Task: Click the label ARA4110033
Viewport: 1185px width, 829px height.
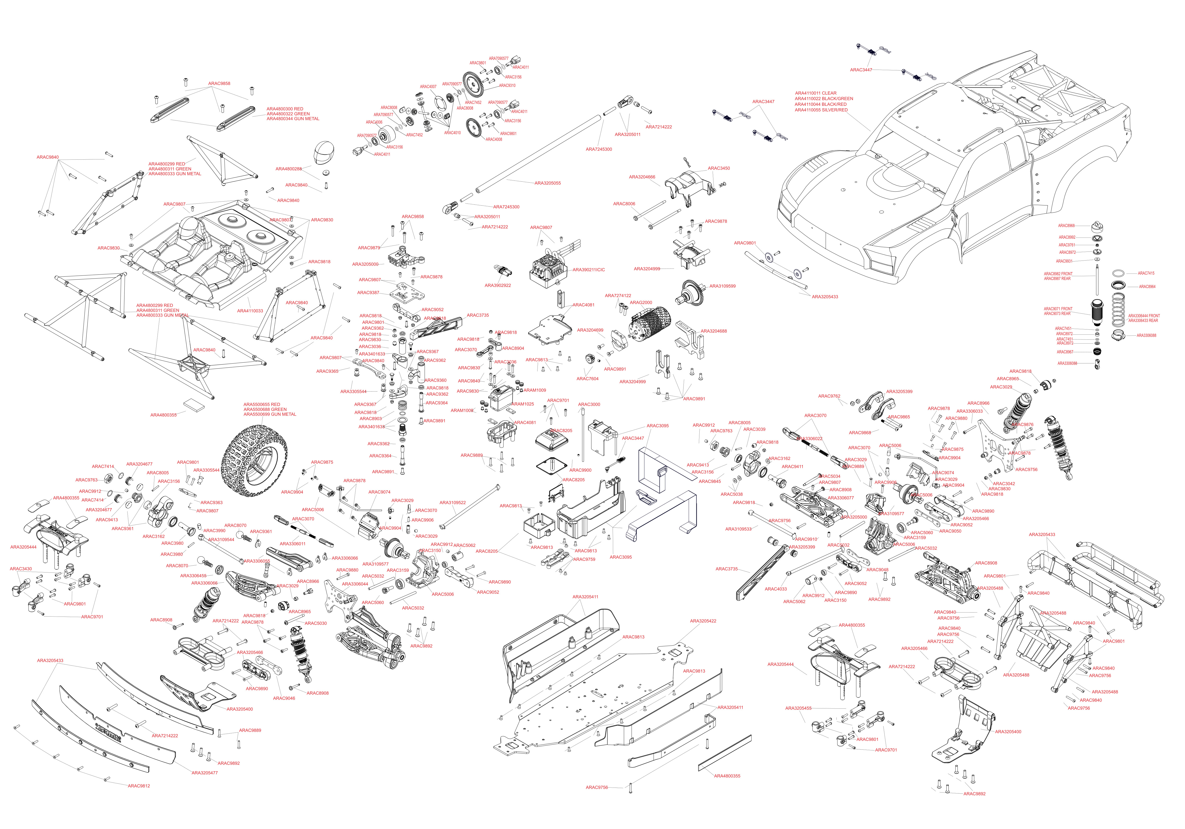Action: pos(250,311)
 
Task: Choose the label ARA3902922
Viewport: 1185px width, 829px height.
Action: pos(497,285)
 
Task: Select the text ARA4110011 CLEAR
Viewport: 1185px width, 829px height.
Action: pos(816,93)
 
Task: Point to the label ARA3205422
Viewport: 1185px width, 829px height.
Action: pos(703,621)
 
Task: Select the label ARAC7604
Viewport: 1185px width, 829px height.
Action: pos(587,379)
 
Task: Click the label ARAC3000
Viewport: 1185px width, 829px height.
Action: pos(589,405)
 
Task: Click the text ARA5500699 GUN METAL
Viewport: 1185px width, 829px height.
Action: pos(269,414)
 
